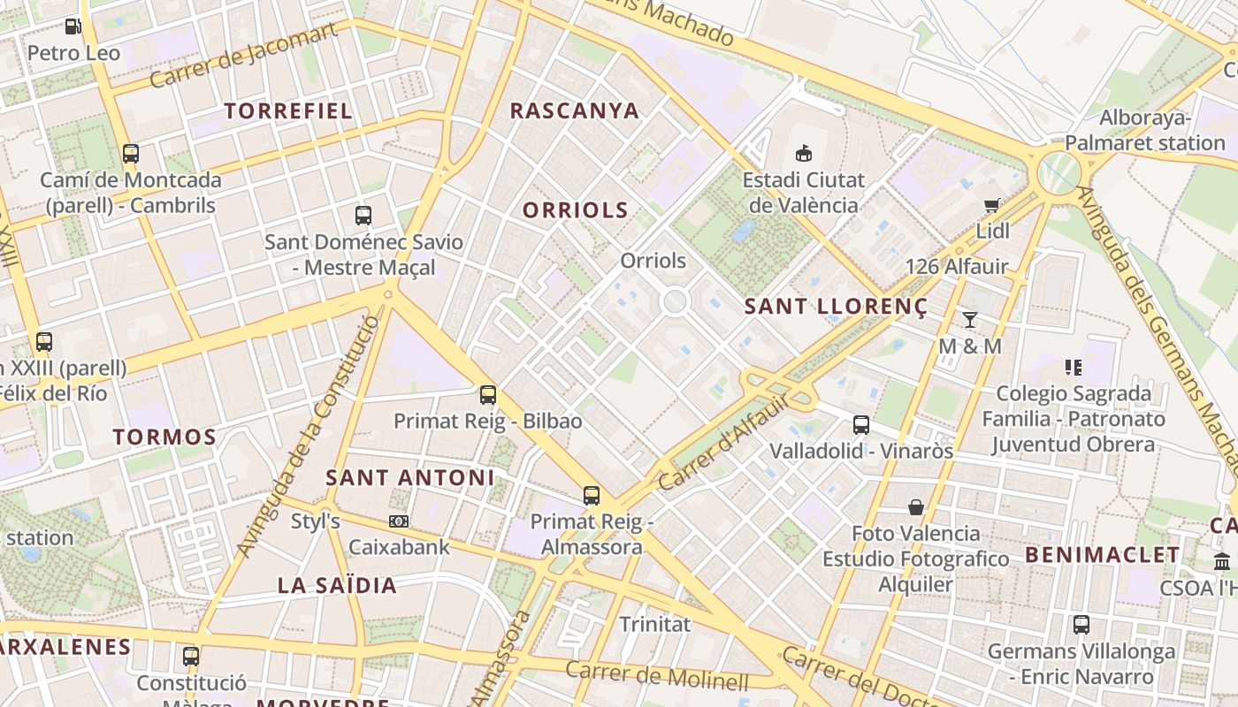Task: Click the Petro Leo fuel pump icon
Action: coord(73,27)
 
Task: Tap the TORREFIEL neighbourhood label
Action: coord(288,111)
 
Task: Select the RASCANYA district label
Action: coord(575,110)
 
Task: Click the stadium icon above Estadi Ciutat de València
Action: coord(803,154)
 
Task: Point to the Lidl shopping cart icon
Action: coord(992,206)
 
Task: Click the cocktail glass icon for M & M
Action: coord(970,319)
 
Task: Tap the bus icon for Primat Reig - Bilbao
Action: coord(487,395)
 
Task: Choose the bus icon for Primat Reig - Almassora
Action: coord(591,496)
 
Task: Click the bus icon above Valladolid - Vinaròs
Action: coord(860,425)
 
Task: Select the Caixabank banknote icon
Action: coord(399,521)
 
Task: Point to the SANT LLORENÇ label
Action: coord(836,307)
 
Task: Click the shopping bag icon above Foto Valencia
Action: coord(915,507)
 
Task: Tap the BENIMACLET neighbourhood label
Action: coord(1102,555)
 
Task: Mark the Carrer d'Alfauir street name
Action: coord(724,442)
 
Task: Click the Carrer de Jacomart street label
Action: coord(243,56)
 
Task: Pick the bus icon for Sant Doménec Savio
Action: coord(363,216)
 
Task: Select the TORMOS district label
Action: coord(164,437)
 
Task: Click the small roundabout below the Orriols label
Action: coord(675,302)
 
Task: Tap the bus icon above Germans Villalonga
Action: coord(1081,625)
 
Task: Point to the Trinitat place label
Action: coord(654,624)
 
